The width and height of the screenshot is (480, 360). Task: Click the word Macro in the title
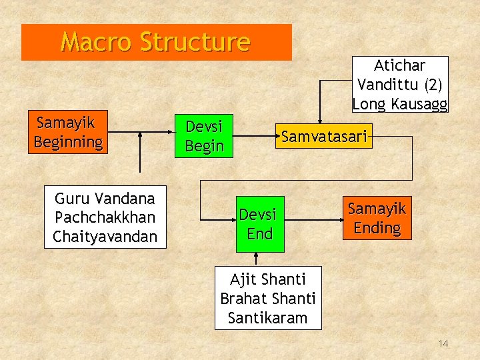pyautogui.click(x=97, y=42)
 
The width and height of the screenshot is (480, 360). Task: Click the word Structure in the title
pyautogui.click(x=195, y=42)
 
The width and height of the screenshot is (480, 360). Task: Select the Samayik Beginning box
pyautogui.click(x=68, y=132)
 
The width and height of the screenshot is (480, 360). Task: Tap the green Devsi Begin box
pyautogui.click(x=204, y=136)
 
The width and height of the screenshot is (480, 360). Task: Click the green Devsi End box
pyautogui.click(x=260, y=224)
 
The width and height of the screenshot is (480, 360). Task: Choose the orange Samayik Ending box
pyautogui.click(x=377, y=218)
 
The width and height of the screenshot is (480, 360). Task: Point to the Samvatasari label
pyautogui.click(x=324, y=137)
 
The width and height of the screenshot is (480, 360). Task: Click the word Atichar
pyautogui.click(x=400, y=65)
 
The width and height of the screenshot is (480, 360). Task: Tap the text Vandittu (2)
pyautogui.click(x=400, y=85)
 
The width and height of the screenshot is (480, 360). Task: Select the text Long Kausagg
pyautogui.click(x=400, y=104)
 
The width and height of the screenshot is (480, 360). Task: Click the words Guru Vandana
pyautogui.click(x=105, y=198)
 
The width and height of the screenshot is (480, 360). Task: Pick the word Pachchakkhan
pyautogui.click(x=105, y=217)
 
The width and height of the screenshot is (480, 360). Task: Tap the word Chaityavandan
pyautogui.click(x=105, y=236)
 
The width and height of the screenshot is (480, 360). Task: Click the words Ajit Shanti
pyautogui.click(x=267, y=279)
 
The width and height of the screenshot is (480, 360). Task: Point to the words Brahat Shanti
pyautogui.click(x=267, y=299)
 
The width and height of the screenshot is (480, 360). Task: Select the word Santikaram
pyautogui.click(x=267, y=318)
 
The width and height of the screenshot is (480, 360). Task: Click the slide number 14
pyautogui.click(x=443, y=343)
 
